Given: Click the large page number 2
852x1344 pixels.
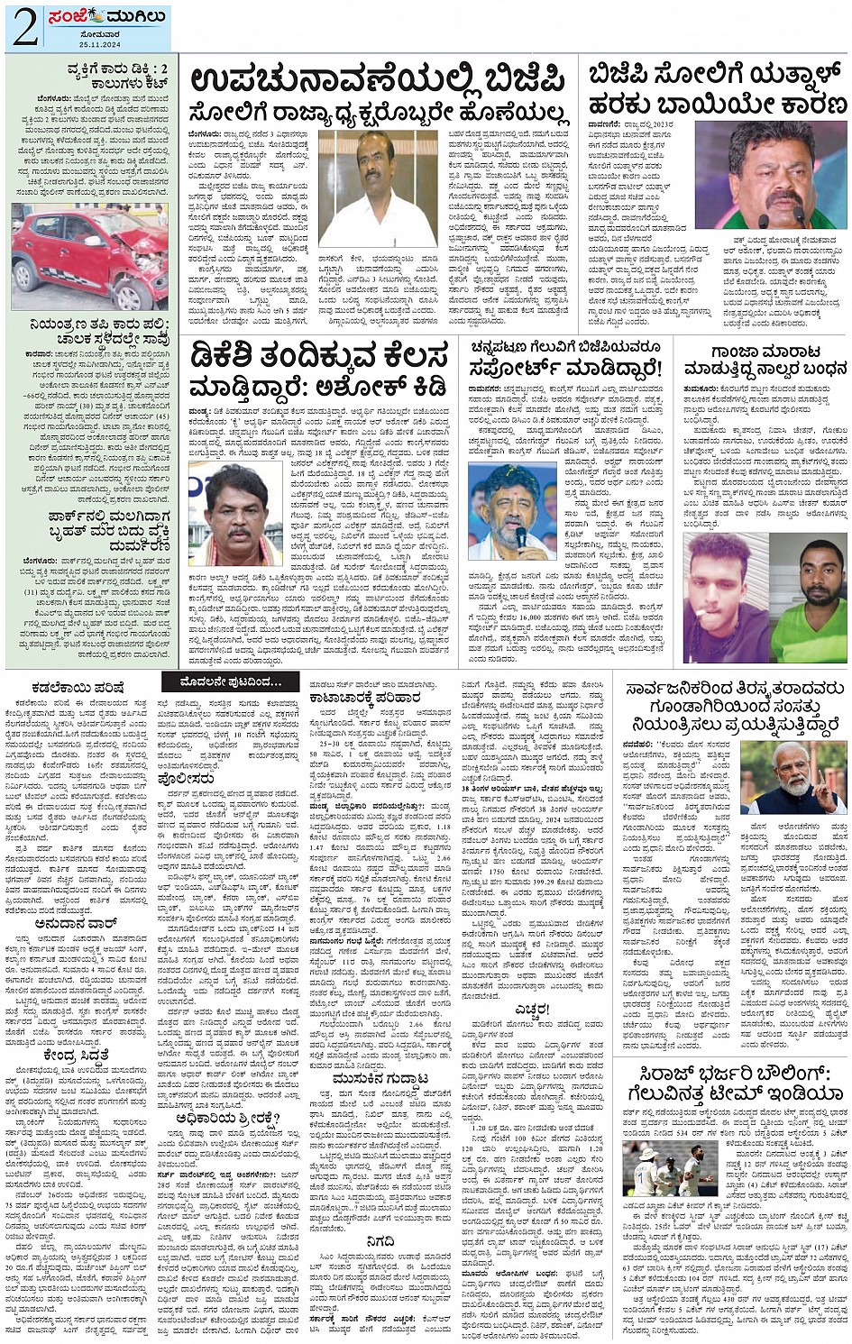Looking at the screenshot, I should click(x=24, y=29).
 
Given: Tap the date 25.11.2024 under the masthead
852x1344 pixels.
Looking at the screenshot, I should click(x=98, y=44).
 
